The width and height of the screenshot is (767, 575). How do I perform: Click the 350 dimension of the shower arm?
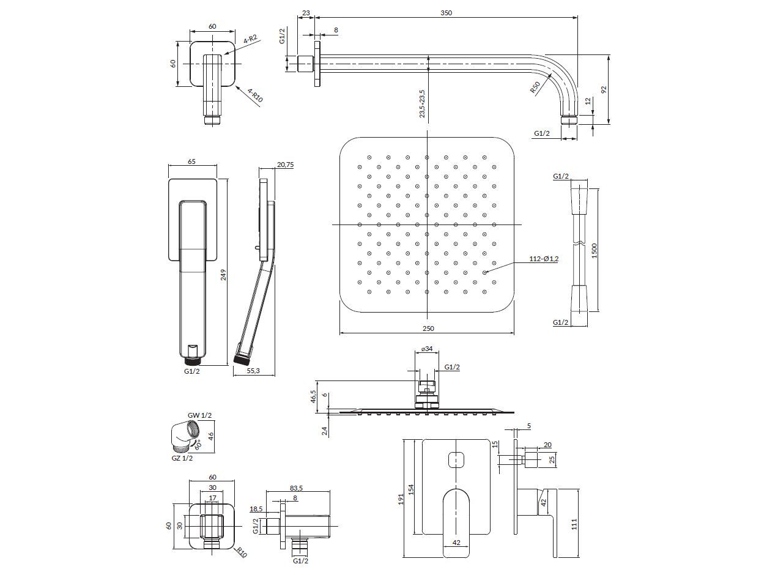point(446,13)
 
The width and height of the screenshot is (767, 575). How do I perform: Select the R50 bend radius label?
point(535,87)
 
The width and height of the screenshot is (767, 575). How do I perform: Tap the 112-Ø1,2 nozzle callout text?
point(544,259)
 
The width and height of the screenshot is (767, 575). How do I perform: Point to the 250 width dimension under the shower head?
point(428,328)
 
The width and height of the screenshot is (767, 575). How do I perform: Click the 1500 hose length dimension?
point(595,250)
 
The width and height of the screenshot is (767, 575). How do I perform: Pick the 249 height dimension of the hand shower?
point(224,275)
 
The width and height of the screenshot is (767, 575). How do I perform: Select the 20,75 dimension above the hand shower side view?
point(285,165)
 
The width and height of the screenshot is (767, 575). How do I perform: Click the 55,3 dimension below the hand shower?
point(253,371)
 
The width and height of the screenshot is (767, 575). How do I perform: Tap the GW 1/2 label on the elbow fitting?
point(199,415)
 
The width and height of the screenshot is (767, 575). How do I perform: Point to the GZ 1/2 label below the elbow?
point(182,458)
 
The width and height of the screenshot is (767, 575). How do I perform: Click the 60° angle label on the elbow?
point(198,445)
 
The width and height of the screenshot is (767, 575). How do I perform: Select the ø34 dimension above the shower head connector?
point(427,349)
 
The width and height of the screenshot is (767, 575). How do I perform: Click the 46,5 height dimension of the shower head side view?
point(313,397)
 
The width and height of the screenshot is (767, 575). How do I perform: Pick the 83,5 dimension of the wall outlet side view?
point(296,488)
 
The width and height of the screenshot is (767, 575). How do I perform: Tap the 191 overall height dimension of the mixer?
point(401,499)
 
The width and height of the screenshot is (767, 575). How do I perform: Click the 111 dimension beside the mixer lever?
point(574,524)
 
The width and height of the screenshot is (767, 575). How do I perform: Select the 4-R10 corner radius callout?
point(255,95)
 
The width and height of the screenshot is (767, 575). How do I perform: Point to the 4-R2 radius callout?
point(250,39)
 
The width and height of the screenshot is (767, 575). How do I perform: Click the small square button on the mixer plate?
point(456,460)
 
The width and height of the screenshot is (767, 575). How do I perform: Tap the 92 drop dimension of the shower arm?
point(604,90)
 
